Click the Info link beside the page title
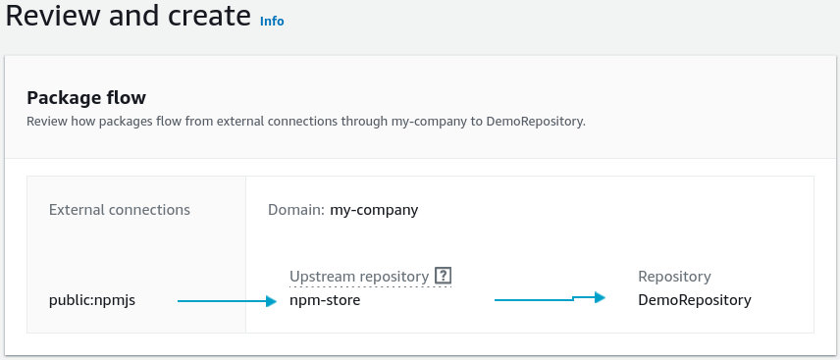coord(272,21)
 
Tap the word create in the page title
coord(209,15)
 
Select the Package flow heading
coord(86,98)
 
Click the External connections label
coord(120,210)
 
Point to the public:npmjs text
coord(92,300)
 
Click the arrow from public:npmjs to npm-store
coord(227,301)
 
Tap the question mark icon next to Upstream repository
coord(443,276)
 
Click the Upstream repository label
coord(359,277)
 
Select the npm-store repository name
coord(325,300)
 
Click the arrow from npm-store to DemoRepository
coord(550,298)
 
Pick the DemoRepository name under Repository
coord(695,300)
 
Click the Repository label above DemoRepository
coord(674,277)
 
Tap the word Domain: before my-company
coord(296,210)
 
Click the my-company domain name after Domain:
coord(374,210)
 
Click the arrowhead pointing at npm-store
coord(271,301)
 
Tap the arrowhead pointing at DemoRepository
coord(600,297)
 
